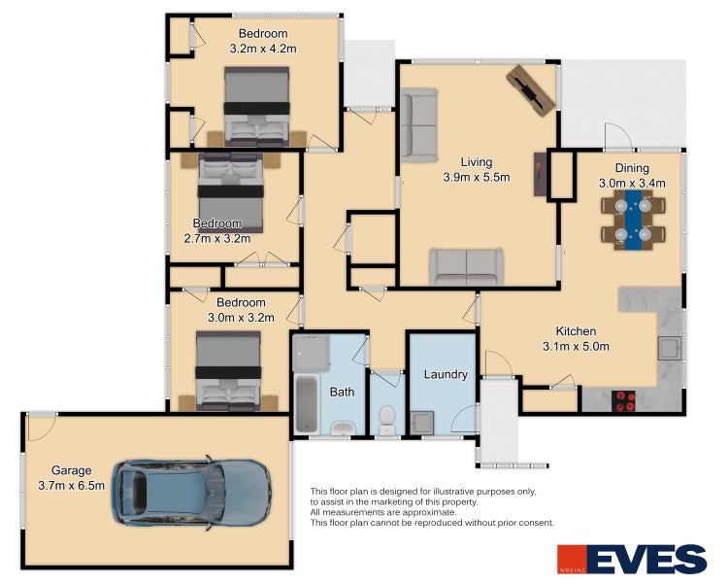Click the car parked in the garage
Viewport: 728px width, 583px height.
point(191,493)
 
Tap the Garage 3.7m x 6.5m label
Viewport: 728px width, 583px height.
point(72,478)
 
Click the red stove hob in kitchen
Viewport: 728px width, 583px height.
point(623,401)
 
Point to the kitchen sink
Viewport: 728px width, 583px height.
point(670,348)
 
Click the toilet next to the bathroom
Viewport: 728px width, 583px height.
point(386,420)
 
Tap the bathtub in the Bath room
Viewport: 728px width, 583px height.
point(307,403)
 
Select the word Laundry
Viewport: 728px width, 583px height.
point(446,374)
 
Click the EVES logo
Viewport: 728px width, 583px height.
point(632,560)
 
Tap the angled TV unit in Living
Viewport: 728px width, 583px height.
point(531,90)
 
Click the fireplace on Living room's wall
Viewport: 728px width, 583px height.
point(540,174)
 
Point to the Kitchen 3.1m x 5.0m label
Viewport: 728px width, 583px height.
point(576,338)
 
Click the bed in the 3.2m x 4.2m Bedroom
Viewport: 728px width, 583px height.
point(257,107)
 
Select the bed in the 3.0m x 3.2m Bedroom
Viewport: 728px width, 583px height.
point(228,371)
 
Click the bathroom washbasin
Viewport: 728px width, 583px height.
point(343,428)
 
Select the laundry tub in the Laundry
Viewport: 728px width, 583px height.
point(422,423)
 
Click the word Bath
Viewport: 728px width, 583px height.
point(343,392)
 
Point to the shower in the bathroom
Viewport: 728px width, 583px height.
point(311,354)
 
